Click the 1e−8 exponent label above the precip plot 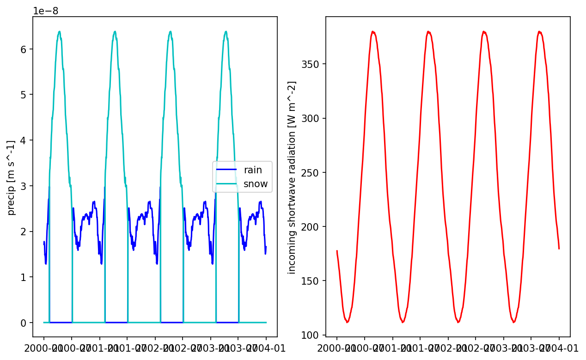point(46,11)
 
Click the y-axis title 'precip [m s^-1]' point(12,177)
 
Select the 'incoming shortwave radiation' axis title point(292,177)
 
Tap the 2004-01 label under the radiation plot point(559,348)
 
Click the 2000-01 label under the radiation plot point(337,348)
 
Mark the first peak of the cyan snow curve point(59,31)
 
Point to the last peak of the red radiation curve point(539,31)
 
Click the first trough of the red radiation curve point(347,322)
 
